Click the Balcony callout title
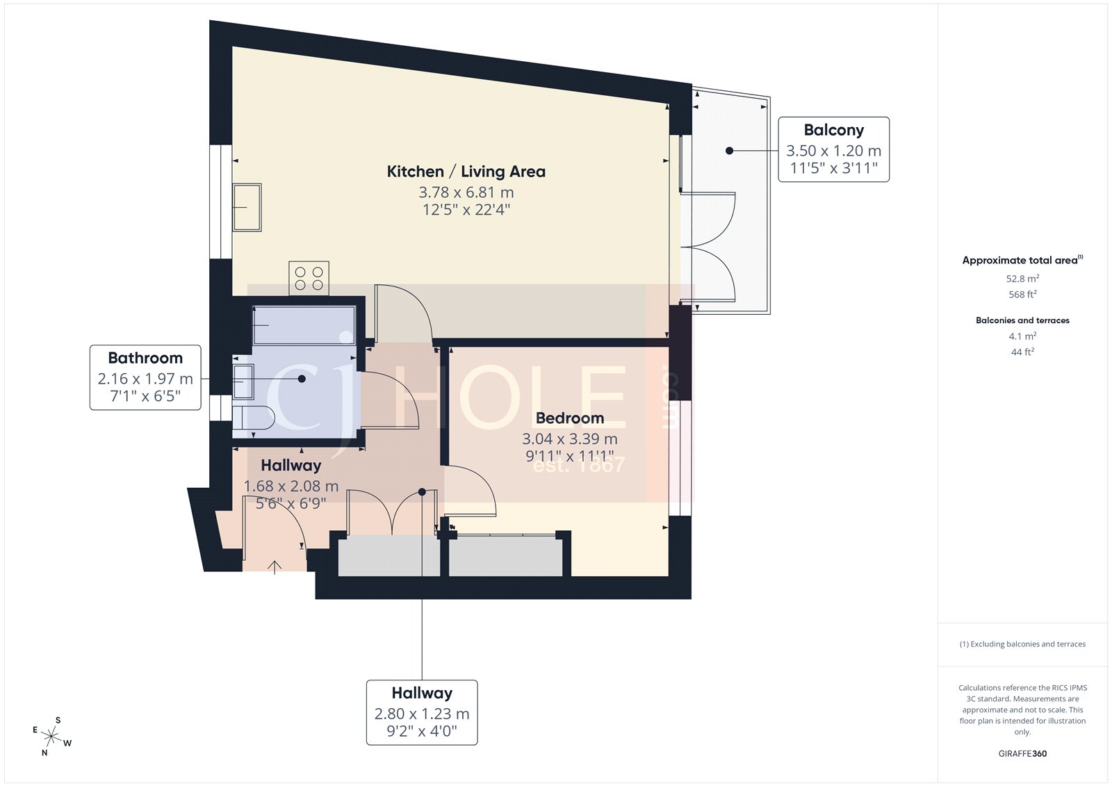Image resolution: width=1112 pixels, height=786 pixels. tap(833, 130)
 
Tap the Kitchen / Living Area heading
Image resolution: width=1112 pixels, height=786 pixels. tap(466, 172)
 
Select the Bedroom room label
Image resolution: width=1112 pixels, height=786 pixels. tap(569, 418)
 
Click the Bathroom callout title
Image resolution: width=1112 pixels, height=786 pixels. tap(145, 358)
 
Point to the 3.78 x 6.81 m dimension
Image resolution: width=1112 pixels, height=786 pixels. tap(466, 193)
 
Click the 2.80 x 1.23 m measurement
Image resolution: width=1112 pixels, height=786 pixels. tap(422, 714)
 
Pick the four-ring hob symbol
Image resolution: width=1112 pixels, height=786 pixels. tap(309, 278)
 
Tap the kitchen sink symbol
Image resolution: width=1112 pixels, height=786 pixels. tap(247, 207)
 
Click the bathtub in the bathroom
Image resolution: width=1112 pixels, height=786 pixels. tap(304, 325)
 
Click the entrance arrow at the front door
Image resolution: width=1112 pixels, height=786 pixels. tap(275, 567)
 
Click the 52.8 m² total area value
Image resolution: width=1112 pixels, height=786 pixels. tap(1022, 279)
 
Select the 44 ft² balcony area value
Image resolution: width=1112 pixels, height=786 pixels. tap(1022, 352)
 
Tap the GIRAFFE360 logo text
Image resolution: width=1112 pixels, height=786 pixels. tap(1022, 753)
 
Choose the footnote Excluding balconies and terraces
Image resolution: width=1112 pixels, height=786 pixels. tap(1022, 644)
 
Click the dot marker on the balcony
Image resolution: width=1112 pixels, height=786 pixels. tap(729, 150)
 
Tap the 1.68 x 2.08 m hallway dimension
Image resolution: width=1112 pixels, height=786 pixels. tap(291, 486)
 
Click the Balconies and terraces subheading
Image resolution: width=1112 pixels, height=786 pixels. tap(1022, 320)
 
